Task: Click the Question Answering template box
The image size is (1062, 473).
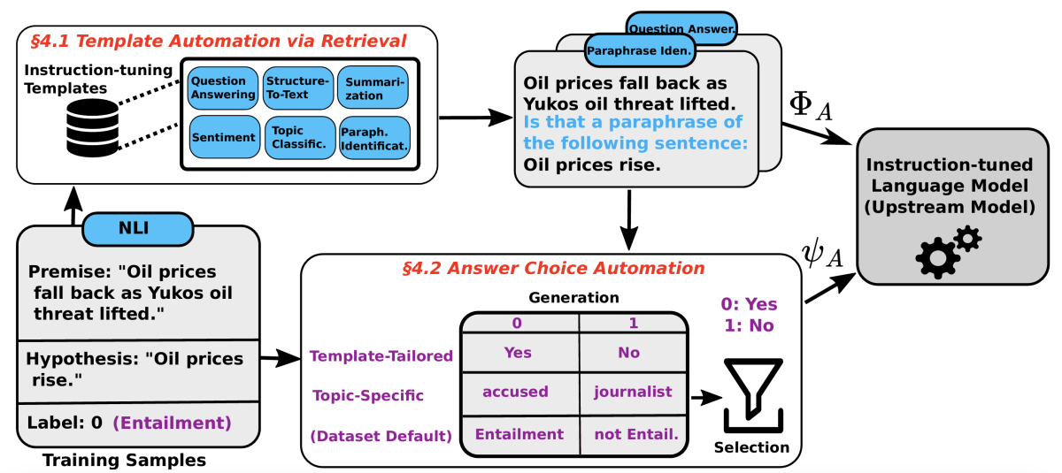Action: tap(224, 88)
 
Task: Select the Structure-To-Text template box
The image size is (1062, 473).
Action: tap(298, 88)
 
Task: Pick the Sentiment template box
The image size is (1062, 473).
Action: tap(223, 138)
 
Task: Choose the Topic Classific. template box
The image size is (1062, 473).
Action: tap(298, 138)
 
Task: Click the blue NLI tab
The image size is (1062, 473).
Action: tap(137, 228)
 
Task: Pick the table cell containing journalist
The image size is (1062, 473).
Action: tap(632, 392)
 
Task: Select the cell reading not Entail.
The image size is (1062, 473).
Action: tap(632, 434)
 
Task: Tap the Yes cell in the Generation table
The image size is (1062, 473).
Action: tap(518, 352)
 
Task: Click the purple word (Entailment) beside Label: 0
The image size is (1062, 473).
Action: tap(172, 423)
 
